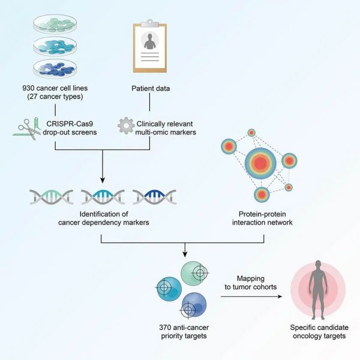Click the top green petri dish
[x=55, y=24]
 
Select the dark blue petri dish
[x=55, y=68]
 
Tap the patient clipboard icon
[x=150, y=46]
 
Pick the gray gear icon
[x=126, y=125]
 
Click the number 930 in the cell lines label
[x=28, y=88]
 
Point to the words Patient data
[x=151, y=88]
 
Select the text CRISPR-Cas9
[x=70, y=124]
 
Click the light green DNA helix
[x=52, y=197]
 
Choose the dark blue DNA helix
[x=155, y=197]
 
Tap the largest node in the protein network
[x=260, y=163]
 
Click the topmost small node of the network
[x=251, y=133]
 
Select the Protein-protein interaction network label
[x=262, y=218]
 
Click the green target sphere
[x=194, y=273]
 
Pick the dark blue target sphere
[x=194, y=305]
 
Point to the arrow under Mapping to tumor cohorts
[x=251, y=296]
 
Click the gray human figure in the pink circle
[x=318, y=290]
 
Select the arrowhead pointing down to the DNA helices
[x=103, y=180]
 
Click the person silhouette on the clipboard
[x=150, y=41]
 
